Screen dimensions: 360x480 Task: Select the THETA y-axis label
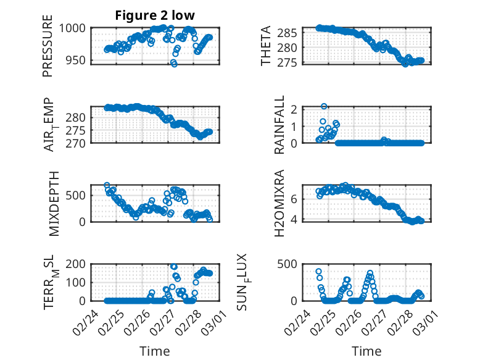[x=266, y=46]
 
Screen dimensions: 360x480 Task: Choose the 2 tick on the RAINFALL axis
[x=295, y=109]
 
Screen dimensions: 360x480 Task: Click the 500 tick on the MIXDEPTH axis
[x=78, y=195]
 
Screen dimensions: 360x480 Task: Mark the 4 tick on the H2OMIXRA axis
[x=295, y=219]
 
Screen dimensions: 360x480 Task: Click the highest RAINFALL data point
[x=324, y=106]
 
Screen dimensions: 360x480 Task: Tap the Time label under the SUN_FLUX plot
[x=366, y=351]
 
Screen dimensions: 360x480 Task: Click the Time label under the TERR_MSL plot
[x=155, y=351]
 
